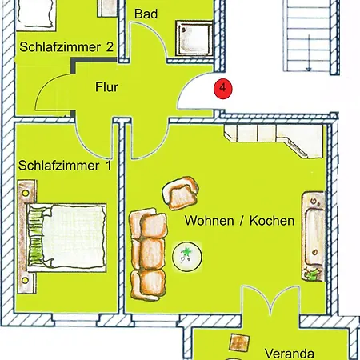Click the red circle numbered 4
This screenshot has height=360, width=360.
click(223, 88)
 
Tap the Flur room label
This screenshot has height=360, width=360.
click(106, 87)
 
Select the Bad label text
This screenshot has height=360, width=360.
click(146, 14)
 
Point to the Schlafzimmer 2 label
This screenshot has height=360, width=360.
click(66, 47)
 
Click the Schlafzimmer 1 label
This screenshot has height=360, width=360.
click(65, 166)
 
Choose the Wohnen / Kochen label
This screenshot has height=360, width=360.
click(239, 221)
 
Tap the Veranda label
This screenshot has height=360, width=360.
click(290, 354)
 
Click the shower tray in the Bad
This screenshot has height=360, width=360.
click(194, 38)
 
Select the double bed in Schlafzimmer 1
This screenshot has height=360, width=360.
click(62, 237)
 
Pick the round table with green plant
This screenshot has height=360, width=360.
click(187, 257)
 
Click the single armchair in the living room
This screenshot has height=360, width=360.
click(181, 193)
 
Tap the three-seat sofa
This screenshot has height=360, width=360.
click(148, 254)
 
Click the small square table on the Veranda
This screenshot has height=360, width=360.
click(239, 342)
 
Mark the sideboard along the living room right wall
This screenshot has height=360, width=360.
click(314, 236)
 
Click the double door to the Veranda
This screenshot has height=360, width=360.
click(270, 299)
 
